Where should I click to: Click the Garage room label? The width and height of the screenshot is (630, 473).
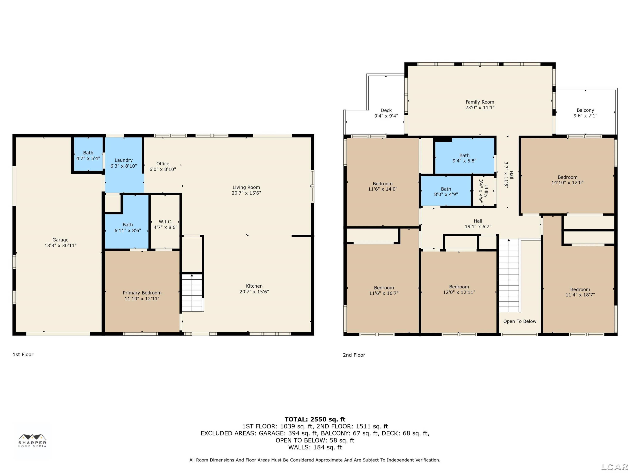60,240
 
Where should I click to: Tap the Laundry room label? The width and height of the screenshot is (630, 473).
124,160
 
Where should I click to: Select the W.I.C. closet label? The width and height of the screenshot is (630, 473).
165,222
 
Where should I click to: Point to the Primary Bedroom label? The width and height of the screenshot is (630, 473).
142,293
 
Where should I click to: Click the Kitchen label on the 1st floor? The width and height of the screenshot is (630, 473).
254,286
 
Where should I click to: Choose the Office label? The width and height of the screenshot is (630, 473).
163,164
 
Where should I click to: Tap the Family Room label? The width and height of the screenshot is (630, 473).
480,102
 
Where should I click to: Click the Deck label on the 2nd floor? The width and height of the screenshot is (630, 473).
386,110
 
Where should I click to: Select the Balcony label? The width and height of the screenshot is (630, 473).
585,110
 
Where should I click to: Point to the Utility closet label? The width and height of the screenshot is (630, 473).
486,191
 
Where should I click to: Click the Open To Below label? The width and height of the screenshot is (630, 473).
520,321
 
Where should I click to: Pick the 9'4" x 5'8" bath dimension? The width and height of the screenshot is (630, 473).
464,161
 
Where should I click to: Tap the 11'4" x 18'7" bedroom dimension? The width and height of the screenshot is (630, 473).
580,295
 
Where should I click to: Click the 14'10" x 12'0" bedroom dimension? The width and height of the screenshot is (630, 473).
567,182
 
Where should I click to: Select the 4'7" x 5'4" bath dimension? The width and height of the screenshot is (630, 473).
88,158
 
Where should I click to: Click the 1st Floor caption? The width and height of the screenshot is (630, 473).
23,354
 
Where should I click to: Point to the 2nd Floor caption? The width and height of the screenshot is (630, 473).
354,355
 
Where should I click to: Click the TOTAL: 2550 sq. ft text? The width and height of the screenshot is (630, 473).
315,419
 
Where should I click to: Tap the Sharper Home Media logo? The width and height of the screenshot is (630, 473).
32,440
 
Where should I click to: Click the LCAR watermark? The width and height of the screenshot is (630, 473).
615,467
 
